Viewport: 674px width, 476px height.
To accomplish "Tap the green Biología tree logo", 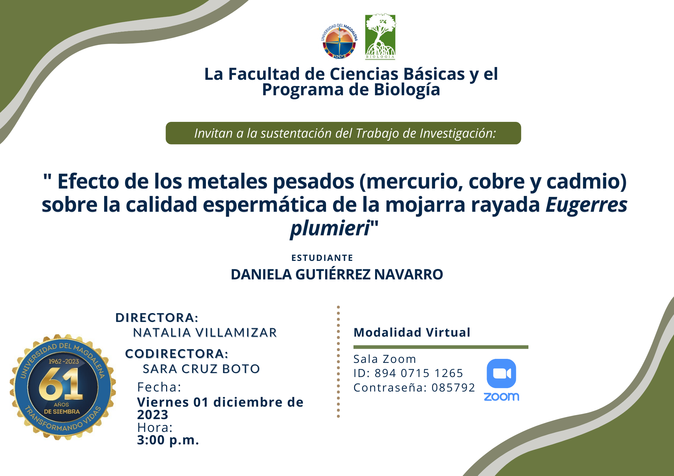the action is [380, 37].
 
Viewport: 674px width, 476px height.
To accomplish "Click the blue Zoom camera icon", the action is [501, 373].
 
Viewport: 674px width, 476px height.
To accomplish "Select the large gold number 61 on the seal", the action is [61, 384].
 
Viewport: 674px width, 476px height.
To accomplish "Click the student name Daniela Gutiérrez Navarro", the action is [337, 274].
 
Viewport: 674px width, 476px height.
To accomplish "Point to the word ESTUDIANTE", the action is [322, 258].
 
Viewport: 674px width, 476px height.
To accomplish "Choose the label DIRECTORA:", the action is [157, 317].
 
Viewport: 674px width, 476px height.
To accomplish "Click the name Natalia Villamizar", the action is [205, 333].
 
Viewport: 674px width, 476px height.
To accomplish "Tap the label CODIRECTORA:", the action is [177, 353].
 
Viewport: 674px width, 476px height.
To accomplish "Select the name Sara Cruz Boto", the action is [201, 369].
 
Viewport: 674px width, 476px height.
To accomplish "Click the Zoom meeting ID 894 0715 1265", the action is [419, 373].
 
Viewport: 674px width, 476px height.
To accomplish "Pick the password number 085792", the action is [453, 387].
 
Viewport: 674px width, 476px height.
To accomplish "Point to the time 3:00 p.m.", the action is [168, 440].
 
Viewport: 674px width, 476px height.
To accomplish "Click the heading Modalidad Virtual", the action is [412, 332].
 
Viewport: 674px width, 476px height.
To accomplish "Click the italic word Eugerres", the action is [586, 205].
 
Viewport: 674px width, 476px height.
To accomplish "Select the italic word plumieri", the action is [330, 229].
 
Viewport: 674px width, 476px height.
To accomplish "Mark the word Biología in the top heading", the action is [407, 90].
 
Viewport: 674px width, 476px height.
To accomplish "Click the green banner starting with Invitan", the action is [343, 133].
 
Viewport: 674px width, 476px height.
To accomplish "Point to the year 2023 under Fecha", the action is [153, 415].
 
